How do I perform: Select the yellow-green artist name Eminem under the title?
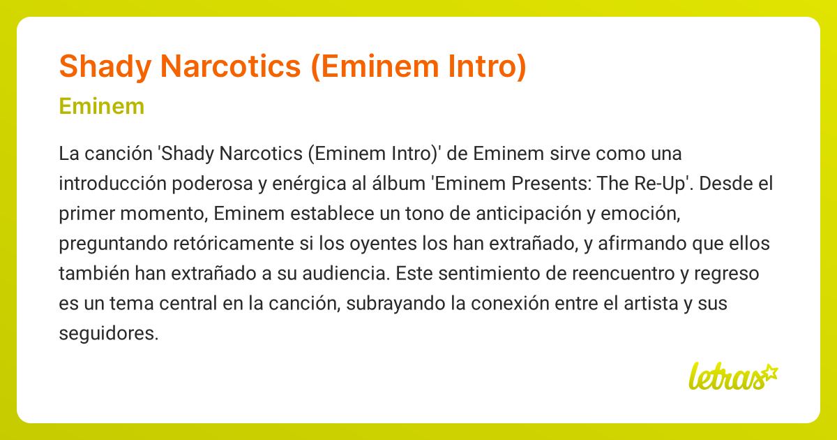click(102, 107)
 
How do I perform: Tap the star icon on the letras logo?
click(769, 372)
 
